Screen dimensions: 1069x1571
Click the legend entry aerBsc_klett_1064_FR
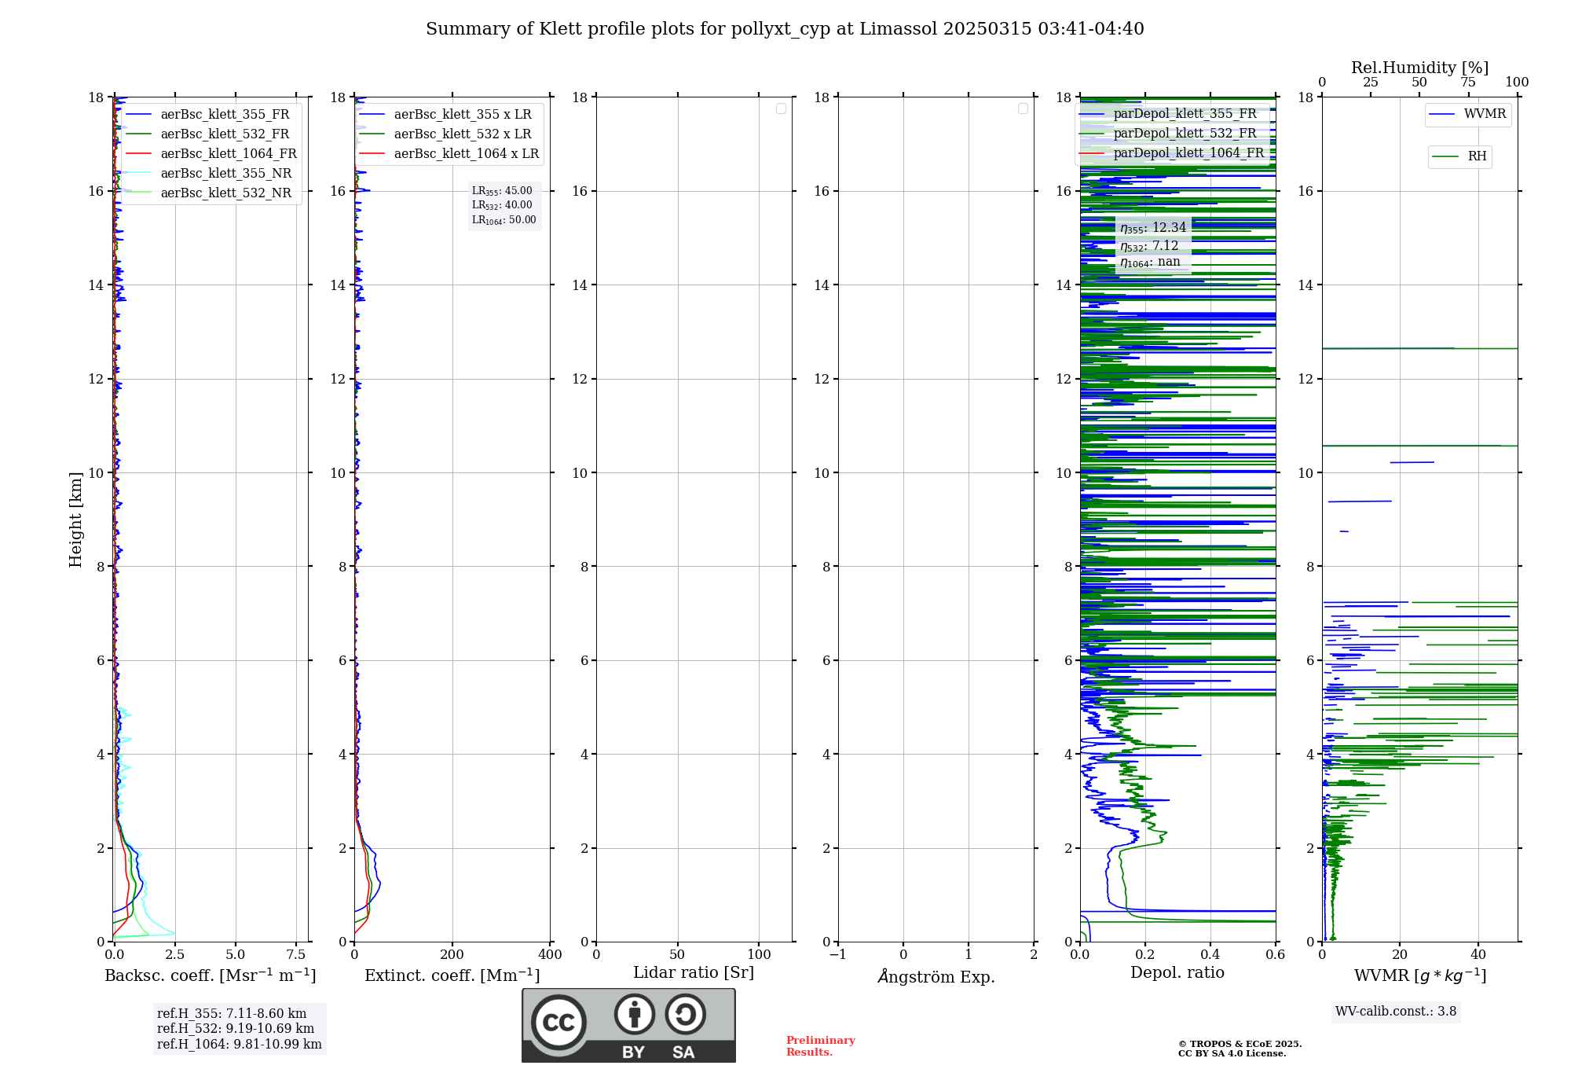[x=229, y=154]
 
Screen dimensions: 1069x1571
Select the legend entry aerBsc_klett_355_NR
[x=225, y=174]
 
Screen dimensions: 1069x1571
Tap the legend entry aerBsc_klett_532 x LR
[x=462, y=134]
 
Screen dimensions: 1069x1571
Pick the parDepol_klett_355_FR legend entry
[x=1185, y=114]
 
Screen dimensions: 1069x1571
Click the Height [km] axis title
[x=75, y=520]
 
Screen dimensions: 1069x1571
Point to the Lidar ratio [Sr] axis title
[x=694, y=973]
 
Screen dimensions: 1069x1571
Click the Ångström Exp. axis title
[x=936, y=977]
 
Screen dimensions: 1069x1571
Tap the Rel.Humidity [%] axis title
[x=1419, y=68]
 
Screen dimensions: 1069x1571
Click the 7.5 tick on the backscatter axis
[x=296, y=955]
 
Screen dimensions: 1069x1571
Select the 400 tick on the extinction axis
[x=550, y=955]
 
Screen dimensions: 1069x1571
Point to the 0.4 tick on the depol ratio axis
[x=1210, y=955]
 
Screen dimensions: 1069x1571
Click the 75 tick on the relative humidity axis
[x=1467, y=83]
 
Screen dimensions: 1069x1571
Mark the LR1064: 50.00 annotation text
[x=504, y=220]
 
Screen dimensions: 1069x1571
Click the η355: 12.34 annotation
[x=1152, y=228]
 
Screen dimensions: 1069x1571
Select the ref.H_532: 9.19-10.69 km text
[x=236, y=1029]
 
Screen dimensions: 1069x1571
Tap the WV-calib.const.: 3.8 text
[x=1396, y=1012]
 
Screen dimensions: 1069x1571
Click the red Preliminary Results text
[x=820, y=1046]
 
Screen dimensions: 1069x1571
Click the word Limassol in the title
[x=898, y=29]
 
